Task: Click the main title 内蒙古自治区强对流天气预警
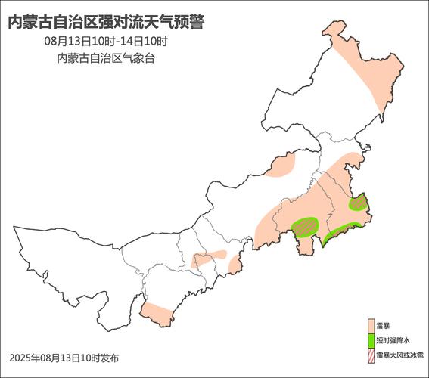[106, 23]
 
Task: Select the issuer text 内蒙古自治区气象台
[106, 58]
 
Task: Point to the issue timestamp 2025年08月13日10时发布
[64, 357]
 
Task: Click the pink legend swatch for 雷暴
[371, 325]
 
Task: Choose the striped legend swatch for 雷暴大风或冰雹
[371, 354]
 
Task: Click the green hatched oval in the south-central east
[305, 226]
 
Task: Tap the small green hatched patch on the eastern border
[358, 202]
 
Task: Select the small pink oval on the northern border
[281, 167]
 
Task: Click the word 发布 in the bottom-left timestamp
[110, 357]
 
